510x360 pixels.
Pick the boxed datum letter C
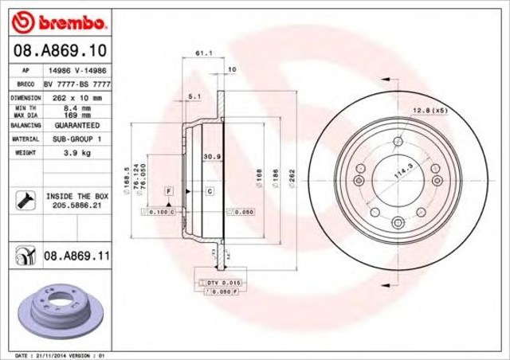click(209, 192)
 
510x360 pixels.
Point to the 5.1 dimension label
click(194, 97)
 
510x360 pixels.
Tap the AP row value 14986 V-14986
click(76, 70)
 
